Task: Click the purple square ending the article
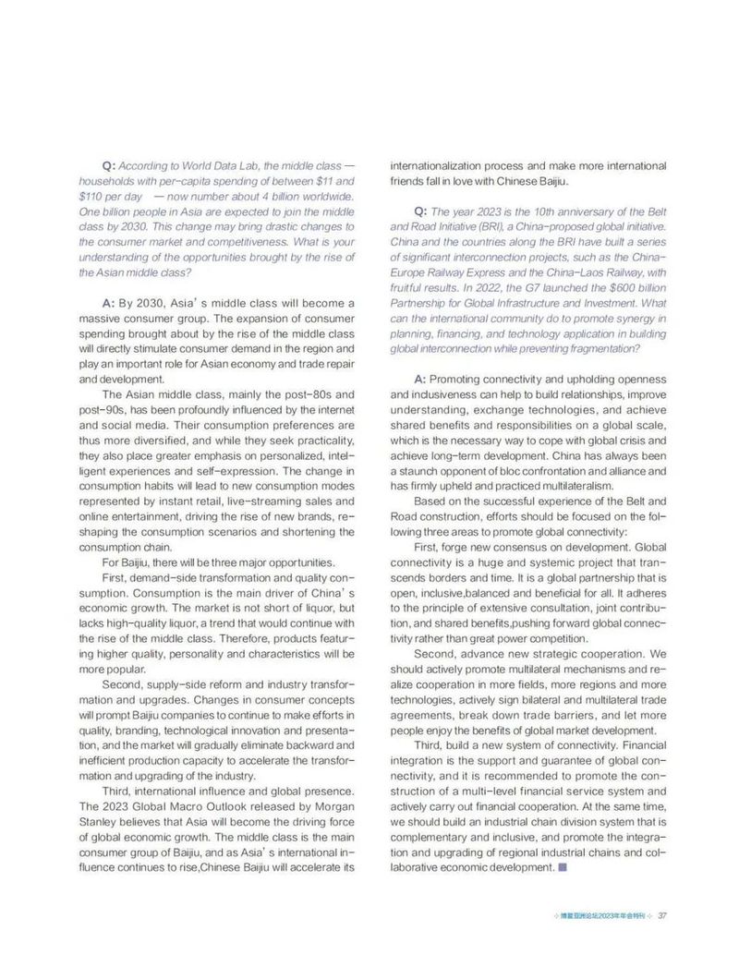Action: click(563, 868)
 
